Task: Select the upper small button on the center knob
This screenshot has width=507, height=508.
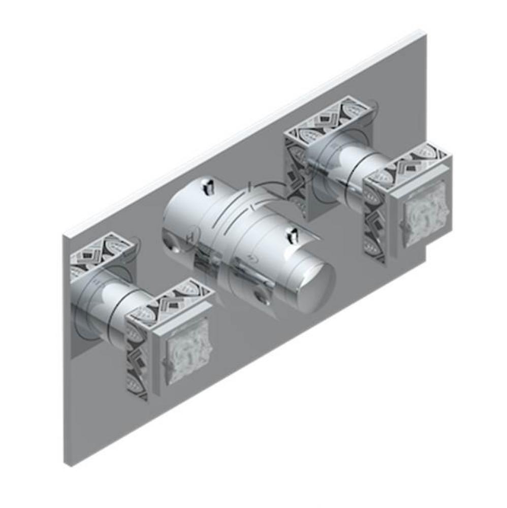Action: point(208,187)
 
